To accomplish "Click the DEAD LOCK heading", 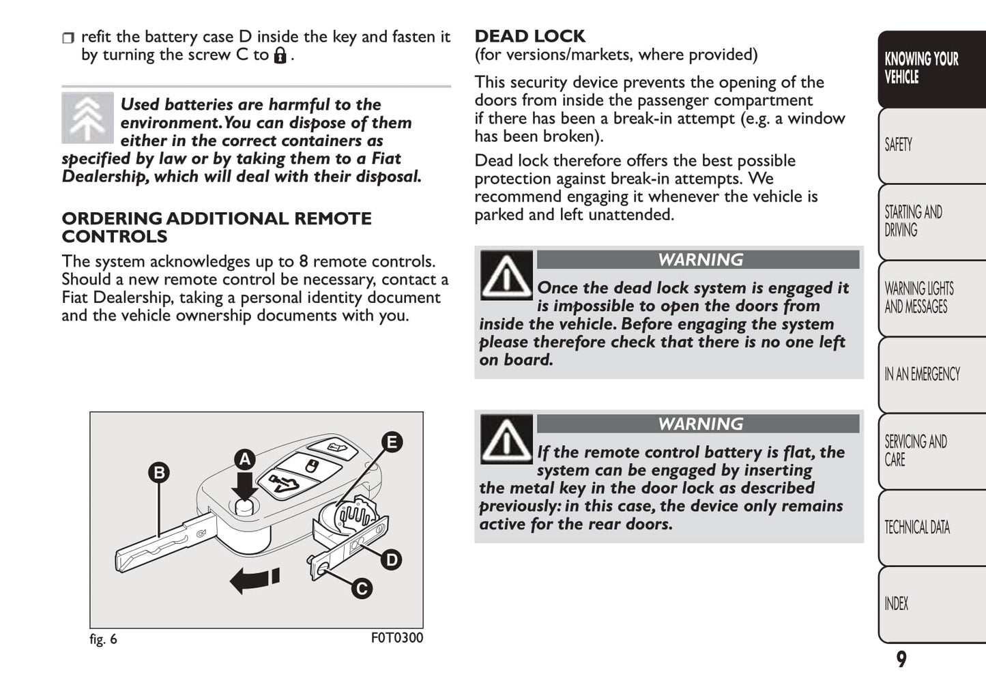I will click(x=530, y=36).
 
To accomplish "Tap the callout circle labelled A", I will click(x=244, y=459).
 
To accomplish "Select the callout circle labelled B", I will click(x=159, y=472).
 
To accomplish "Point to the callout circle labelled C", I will click(x=361, y=589).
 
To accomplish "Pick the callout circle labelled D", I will click(x=391, y=560).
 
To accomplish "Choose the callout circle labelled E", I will click(x=391, y=441).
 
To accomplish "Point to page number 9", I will click(x=901, y=659).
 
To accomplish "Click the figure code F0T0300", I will click(x=397, y=638).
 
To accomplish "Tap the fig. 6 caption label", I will click(x=103, y=639).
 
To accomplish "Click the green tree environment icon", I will click(x=87, y=118).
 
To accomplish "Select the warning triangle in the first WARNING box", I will click(x=506, y=275).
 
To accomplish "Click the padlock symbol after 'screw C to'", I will click(x=280, y=55).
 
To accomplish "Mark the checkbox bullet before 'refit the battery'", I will click(x=68, y=38).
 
